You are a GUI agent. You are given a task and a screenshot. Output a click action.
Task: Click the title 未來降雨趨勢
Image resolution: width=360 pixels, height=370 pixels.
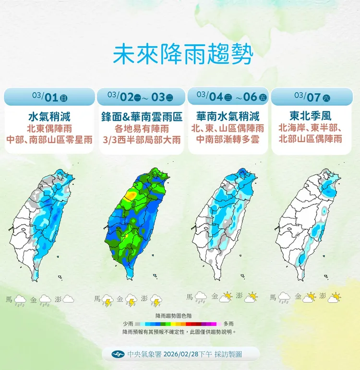point(182,55)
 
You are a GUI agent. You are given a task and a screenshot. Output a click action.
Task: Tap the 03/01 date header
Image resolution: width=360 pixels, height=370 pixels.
point(49,97)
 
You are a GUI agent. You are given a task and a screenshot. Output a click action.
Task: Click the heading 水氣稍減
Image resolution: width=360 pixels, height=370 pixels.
point(49,116)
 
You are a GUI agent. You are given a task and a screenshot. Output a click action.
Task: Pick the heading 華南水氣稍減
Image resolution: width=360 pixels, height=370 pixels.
point(228,116)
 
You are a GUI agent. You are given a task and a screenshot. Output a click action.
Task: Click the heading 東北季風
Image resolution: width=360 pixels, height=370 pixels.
point(311,116)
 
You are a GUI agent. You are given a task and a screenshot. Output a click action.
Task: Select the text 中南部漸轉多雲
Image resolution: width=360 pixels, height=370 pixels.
point(228,140)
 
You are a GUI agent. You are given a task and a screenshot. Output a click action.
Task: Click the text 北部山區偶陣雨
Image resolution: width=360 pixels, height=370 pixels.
point(311,140)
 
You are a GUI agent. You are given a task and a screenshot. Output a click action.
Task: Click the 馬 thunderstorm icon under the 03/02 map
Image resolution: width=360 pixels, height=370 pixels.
point(107,301)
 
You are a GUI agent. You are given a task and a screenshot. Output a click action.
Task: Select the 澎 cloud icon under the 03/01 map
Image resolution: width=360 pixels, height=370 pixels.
point(68,299)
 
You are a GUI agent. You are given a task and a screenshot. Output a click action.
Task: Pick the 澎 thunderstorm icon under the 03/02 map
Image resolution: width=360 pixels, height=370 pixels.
point(156,301)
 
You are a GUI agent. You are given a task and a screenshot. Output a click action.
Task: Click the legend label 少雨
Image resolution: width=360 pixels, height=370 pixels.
point(128,324)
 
